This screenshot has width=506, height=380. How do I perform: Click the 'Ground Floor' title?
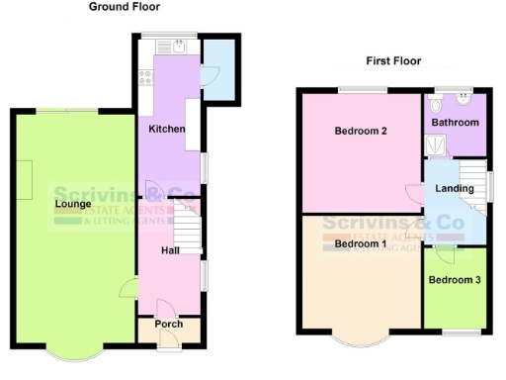[125, 7]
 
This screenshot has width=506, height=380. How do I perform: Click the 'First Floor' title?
[393, 61]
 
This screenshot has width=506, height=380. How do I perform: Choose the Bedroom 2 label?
[360, 132]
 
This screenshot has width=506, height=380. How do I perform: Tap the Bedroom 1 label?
[360, 243]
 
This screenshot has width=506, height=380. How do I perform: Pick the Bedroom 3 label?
[454, 280]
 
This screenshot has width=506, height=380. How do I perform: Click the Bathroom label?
[455, 123]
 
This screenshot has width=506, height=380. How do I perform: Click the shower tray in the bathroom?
[434, 146]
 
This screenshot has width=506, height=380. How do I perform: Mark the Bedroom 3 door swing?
[444, 253]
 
